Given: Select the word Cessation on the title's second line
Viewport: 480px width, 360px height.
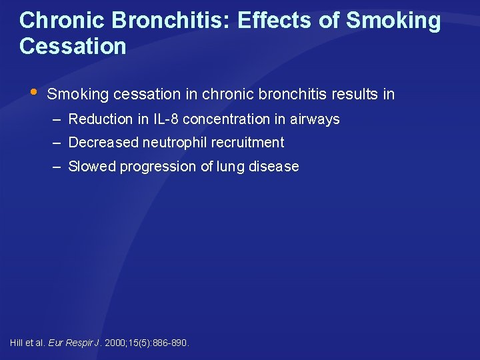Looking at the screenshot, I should (x=73, y=47).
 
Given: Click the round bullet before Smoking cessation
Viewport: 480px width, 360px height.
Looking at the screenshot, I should (x=34, y=91).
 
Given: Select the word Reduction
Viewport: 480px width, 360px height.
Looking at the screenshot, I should (x=101, y=119).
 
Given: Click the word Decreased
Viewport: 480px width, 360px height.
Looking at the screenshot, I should (x=102, y=143).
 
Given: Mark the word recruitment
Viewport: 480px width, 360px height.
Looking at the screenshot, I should (x=247, y=143).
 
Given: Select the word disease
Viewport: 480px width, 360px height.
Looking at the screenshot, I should (x=274, y=167).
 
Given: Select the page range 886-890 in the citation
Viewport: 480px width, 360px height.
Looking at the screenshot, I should (x=171, y=343).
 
